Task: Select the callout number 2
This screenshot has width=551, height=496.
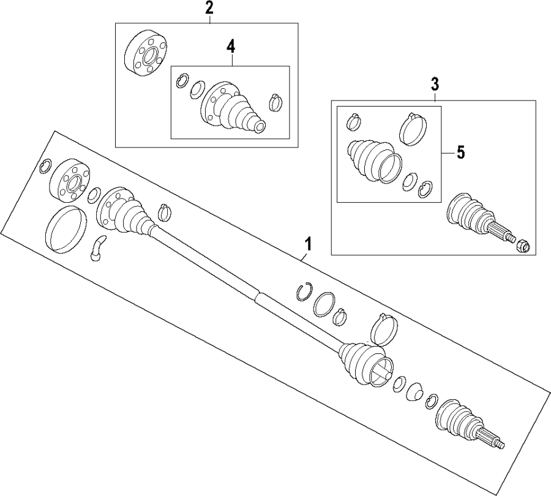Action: (x=209, y=8)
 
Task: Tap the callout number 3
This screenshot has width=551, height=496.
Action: (x=435, y=83)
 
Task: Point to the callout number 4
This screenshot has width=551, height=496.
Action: (x=230, y=45)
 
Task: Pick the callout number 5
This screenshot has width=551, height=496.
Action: (x=460, y=152)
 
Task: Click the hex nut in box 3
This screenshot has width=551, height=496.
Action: (x=522, y=246)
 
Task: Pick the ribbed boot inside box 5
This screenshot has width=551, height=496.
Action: (x=369, y=159)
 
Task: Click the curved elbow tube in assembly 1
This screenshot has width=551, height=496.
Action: (x=99, y=247)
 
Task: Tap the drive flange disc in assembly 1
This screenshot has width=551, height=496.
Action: (x=69, y=182)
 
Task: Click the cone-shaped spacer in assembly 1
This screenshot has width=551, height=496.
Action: (x=415, y=391)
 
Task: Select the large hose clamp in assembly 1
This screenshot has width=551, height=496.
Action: (x=385, y=329)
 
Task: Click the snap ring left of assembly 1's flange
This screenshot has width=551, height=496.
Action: (x=44, y=166)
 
